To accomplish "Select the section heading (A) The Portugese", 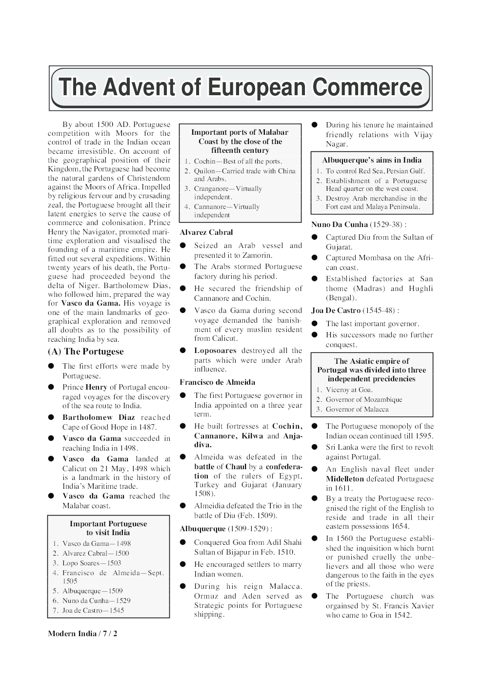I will pos(86,352).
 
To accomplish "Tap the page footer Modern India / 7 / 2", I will pos(82,634).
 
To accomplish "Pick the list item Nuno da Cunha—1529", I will pos(96,601).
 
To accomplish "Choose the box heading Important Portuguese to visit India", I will pos(108,528).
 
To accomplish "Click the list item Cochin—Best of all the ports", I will pos(238,161).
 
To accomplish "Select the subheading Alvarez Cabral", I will pos(206,232).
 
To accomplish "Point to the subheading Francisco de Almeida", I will pos(217,382).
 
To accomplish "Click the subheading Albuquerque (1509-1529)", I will pos(225,529).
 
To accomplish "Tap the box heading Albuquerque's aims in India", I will pos(372,160).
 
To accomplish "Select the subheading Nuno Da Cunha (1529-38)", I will pos(359,225).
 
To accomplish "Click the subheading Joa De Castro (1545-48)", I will pos(355,311).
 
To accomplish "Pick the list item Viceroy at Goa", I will pos(349,390).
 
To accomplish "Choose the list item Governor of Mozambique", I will pos(364,399).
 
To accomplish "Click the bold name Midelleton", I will pos(345,479).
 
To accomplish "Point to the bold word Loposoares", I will pos(215,351).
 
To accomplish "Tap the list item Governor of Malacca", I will pos(357,409).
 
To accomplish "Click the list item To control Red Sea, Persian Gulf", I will pos(375,171).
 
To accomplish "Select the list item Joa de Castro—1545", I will pos(93,610).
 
